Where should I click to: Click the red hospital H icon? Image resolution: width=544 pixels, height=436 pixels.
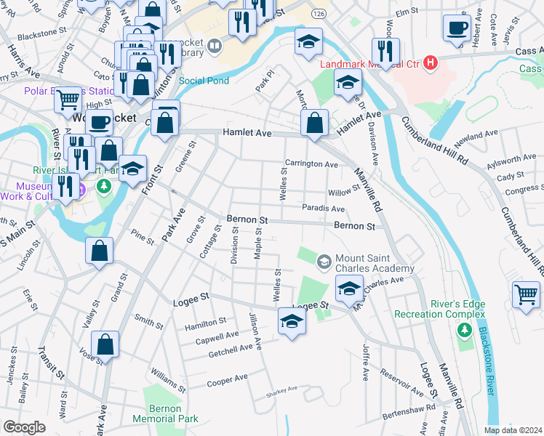[431, 63]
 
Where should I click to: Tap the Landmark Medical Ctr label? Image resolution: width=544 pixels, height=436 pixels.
[370, 63]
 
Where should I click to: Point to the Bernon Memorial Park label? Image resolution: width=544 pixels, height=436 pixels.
[156, 414]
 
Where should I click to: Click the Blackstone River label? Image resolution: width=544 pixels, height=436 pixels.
[484, 363]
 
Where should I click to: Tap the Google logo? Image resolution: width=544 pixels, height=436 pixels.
[25, 427]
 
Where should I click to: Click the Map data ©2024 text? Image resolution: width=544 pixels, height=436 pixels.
[512, 430]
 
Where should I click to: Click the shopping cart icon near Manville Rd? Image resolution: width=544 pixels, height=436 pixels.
[527, 295]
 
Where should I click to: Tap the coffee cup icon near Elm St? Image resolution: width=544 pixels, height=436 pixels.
[457, 28]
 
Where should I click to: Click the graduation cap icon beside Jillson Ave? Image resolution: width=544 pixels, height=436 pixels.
[292, 321]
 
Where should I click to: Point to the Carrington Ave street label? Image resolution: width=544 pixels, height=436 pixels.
[311, 164]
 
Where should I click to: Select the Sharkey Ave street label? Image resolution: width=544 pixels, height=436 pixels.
[282, 389]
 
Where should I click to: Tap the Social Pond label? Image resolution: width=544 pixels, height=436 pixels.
[204, 81]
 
